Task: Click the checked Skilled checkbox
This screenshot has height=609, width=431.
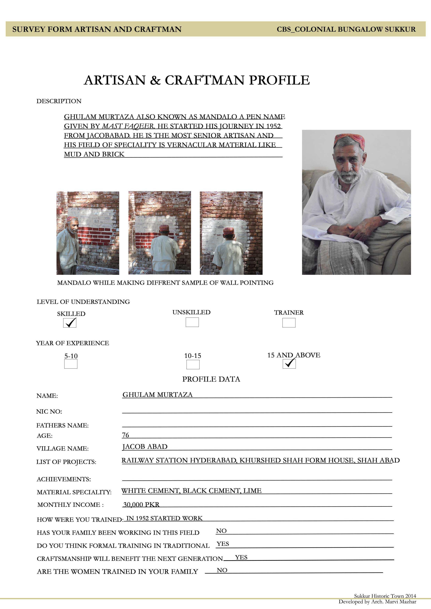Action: [x=70, y=322]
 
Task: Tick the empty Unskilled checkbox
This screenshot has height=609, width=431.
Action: [x=192, y=322]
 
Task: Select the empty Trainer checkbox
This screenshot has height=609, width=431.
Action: [x=289, y=322]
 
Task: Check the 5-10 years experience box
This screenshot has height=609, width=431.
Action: [x=71, y=364]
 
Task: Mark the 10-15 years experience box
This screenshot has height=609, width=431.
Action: [x=193, y=364]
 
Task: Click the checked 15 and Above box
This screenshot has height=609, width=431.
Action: [x=289, y=364]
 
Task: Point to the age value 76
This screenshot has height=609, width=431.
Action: [x=125, y=435]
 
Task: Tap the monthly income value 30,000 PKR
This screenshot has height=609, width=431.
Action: [x=141, y=504]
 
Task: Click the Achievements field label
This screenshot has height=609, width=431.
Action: [x=64, y=479]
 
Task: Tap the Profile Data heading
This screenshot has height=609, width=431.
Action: [x=211, y=379]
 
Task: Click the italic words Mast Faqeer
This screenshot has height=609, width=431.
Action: [x=128, y=126]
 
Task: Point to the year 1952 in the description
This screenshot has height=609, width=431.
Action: [x=273, y=126]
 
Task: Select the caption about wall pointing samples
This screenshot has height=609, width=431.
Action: [x=165, y=283]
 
